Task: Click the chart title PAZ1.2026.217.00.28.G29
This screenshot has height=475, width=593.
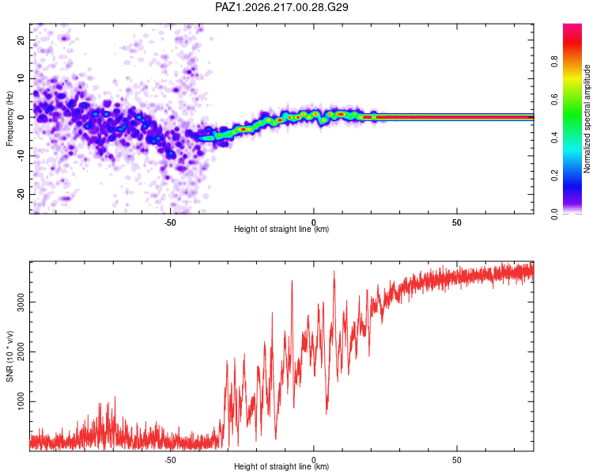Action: tap(281, 7)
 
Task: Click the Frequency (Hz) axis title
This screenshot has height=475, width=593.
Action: tap(9, 119)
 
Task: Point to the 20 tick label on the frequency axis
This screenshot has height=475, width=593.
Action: tap(21, 40)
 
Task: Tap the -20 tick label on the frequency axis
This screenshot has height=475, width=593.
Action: tap(21, 195)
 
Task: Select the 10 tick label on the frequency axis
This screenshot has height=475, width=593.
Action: tap(21, 79)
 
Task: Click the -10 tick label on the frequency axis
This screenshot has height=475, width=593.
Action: tap(21, 156)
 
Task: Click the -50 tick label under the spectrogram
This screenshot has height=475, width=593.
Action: tap(170, 222)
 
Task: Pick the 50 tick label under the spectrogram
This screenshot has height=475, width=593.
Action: tap(456, 222)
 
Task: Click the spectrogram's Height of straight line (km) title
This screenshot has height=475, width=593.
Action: tap(281, 229)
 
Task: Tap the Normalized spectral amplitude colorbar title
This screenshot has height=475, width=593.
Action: tap(587, 119)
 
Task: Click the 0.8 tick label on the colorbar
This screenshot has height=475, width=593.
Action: tap(554, 62)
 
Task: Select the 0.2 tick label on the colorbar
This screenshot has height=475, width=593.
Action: tap(554, 176)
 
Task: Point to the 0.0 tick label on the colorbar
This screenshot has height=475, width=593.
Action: tap(554, 214)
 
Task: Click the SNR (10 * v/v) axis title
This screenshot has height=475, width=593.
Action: tap(9, 356)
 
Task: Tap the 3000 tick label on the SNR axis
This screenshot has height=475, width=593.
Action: tap(21, 302)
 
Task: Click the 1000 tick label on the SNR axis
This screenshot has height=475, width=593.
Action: tap(21, 401)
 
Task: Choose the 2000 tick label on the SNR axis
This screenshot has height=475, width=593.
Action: tap(21, 351)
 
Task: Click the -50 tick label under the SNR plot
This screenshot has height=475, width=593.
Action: tap(170, 460)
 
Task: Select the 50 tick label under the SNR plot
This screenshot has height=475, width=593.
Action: tap(456, 460)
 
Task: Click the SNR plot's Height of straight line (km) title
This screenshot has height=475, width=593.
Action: tap(281, 466)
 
